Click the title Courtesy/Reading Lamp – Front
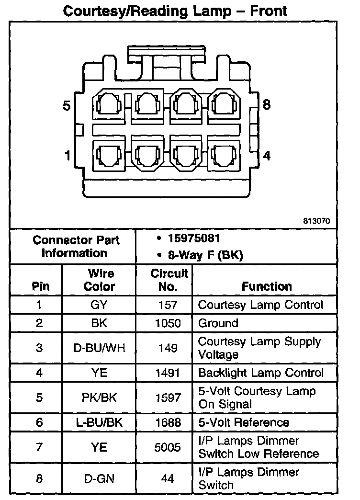[x=176, y=11]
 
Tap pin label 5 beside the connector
[x=67, y=106]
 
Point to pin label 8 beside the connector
[x=267, y=104]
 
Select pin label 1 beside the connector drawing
[x=67, y=156]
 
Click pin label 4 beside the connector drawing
[x=267, y=156]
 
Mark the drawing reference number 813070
[x=316, y=221]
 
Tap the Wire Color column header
[x=100, y=280]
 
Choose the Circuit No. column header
[x=169, y=280]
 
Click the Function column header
[x=267, y=286]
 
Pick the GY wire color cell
[x=99, y=305]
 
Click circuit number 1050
[x=168, y=323]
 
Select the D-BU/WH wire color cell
[x=99, y=348]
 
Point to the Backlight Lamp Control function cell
[x=260, y=373]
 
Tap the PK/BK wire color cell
[x=99, y=398]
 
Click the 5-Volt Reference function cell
[x=244, y=422]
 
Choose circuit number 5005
[x=168, y=447]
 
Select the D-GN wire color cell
[x=99, y=478]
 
